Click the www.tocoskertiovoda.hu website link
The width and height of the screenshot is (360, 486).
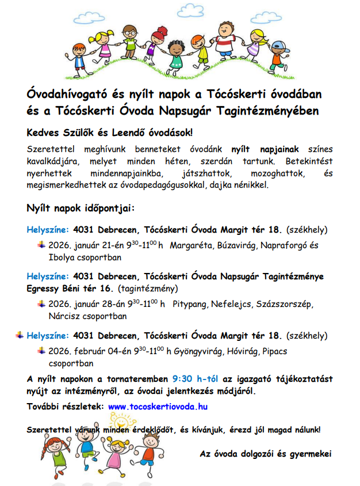158,406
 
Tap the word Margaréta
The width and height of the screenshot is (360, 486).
193,246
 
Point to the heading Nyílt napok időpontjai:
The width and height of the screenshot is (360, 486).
80,208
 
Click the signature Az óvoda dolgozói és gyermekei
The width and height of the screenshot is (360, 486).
266,454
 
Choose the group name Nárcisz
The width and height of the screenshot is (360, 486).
65,316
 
